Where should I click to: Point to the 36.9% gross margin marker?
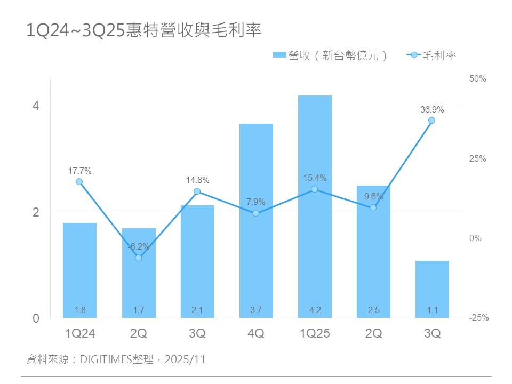tap(432, 121)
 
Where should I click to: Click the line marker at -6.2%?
tap(138, 258)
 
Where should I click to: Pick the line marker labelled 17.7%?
tap(79, 182)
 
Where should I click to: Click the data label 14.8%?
tap(197, 180)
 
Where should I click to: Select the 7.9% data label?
tap(256, 202)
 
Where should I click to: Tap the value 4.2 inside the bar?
tap(315, 310)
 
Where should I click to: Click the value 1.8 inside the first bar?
tap(79, 310)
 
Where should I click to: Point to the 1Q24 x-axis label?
tap(79, 334)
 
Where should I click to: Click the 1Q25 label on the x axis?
tap(315, 334)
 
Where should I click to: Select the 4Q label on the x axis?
tap(256, 334)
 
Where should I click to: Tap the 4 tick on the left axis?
tap(36, 106)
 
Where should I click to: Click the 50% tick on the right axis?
tap(478, 79)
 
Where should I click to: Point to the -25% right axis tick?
tap(478, 318)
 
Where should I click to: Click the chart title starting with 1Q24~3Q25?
tap(144, 30)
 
